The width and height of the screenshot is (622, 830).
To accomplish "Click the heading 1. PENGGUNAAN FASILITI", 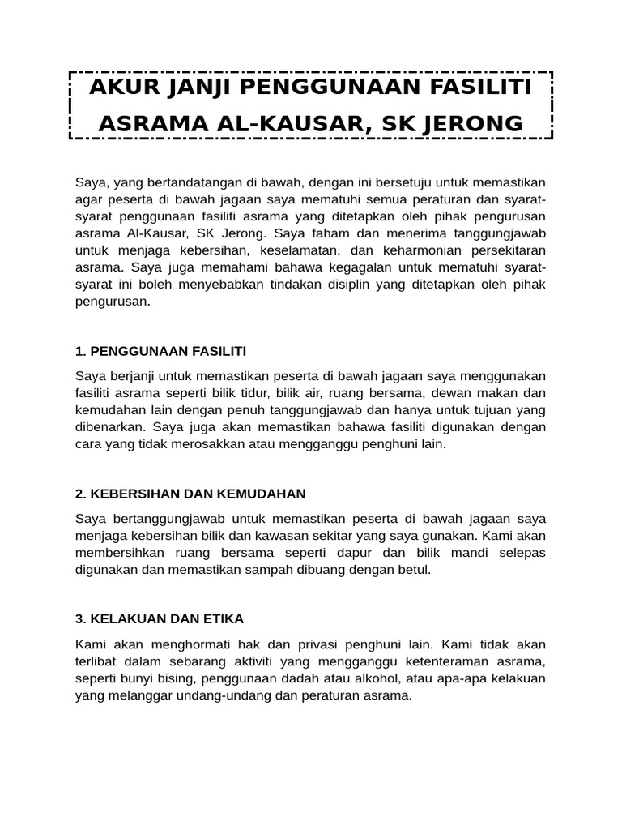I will (160, 351).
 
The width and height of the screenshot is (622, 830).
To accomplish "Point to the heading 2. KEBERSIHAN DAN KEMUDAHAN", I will (190, 494).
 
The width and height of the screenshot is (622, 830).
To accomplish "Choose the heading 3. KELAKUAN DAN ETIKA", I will (160, 618).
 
